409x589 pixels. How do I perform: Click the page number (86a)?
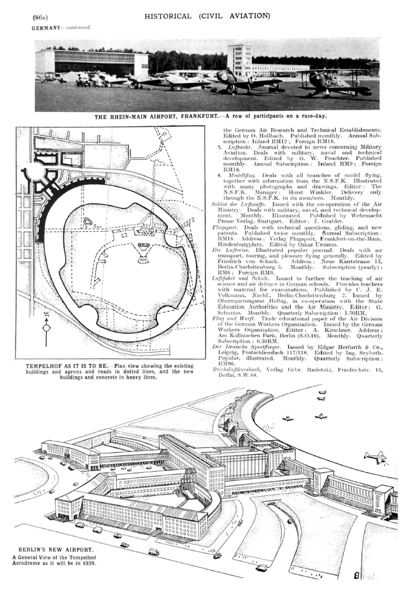(x=40, y=18)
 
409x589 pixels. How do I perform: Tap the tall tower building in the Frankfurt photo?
(x=239, y=59)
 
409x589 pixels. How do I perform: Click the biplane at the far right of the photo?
(x=331, y=82)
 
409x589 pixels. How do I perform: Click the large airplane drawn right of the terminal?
(x=375, y=457)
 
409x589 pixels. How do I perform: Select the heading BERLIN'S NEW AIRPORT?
(x=56, y=549)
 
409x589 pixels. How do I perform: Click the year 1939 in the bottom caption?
(x=90, y=564)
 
